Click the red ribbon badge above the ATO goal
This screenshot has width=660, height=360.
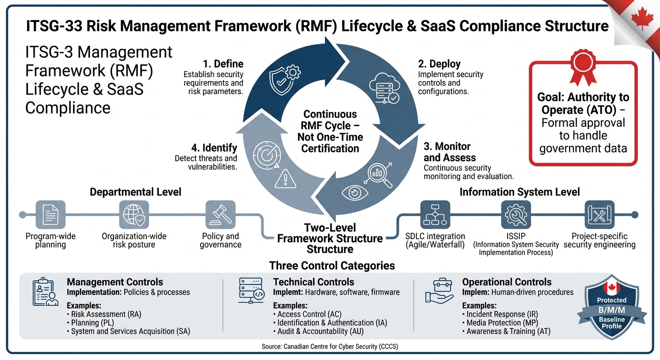tap(583, 67)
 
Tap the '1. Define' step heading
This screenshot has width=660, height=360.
tap(223, 64)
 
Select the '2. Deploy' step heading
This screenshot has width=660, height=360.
tap(439, 64)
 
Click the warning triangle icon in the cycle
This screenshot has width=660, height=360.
tap(283, 179)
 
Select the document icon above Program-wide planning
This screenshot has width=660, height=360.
tap(51, 215)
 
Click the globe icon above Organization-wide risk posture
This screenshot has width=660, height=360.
tap(134, 215)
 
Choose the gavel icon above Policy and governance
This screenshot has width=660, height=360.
tap(220, 215)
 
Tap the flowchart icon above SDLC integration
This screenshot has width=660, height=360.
tap(435, 215)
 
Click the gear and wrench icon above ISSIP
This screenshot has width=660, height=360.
tap(516, 215)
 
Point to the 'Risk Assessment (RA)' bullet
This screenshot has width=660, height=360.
tap(106, 314)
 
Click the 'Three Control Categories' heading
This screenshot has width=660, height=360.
tap(332, 266)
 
